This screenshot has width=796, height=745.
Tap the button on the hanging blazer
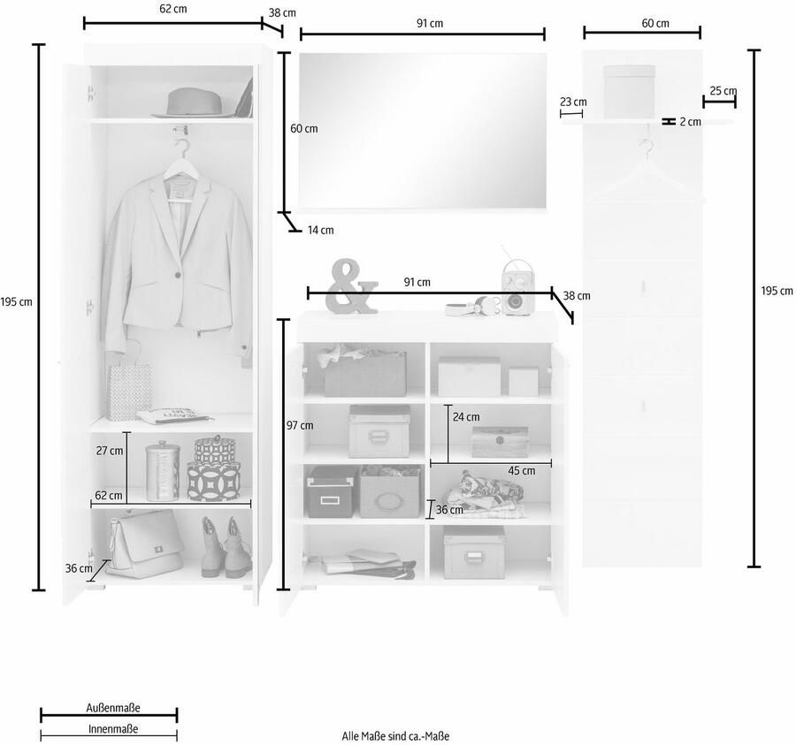point(178,274)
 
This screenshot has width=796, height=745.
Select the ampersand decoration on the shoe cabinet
point(352,286)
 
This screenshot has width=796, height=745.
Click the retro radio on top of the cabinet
point(517,288)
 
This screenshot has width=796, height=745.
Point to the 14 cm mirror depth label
point(321,231)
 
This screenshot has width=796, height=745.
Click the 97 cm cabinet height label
point(300,425)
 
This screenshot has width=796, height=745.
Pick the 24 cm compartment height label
point(466,417)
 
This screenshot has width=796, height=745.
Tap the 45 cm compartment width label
point(522,471)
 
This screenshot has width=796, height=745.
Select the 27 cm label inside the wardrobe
point(110,451)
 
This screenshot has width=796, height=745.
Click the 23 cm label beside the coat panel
point(573,102)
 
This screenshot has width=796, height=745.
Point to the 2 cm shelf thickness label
point(691,122)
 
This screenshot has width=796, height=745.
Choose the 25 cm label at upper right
point(723,91)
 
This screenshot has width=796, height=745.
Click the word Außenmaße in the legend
point(112,708)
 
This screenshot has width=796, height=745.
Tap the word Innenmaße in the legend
point(113,729)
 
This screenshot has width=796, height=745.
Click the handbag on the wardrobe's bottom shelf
point(145,544)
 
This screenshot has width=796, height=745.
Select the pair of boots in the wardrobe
point(226,547)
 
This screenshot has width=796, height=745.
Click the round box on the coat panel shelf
point(629,92)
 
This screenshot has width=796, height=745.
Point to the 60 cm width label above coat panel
point(655,23)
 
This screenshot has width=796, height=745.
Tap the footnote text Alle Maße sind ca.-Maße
point(395,736)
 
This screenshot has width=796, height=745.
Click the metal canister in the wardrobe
point(162,471)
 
